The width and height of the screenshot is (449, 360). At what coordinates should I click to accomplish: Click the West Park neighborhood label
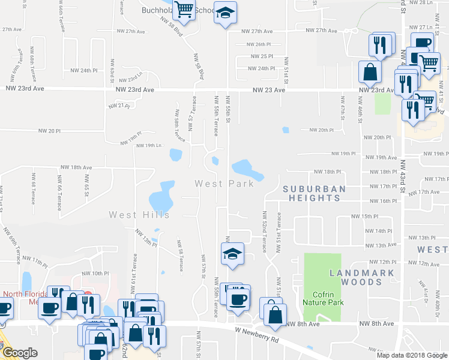pyautogui.click(x=224, y=183)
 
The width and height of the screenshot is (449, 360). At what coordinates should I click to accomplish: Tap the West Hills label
pyautogui.click(x=139, y=214)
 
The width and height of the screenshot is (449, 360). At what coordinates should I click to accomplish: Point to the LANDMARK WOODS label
pyautogui.click(x=362, y=278)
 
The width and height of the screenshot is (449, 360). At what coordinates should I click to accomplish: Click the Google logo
pyautogui.click(x=19, y=352)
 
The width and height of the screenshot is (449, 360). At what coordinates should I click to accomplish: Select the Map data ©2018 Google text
pyautogui.click(x=411, y=355)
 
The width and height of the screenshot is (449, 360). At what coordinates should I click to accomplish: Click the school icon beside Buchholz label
pyautogui.click(x=225, y=13)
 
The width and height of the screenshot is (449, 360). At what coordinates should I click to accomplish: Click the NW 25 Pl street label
pyautogui.click(x=262, y=56)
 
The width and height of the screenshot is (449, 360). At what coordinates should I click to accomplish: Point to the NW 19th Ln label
pyautogui.click(x=149, y=146)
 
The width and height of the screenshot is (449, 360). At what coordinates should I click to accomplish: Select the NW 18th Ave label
pyautogui.click(x=76, y=168)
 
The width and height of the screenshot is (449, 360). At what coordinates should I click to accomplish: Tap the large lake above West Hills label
pyautogui.click(x=161, y=197)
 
